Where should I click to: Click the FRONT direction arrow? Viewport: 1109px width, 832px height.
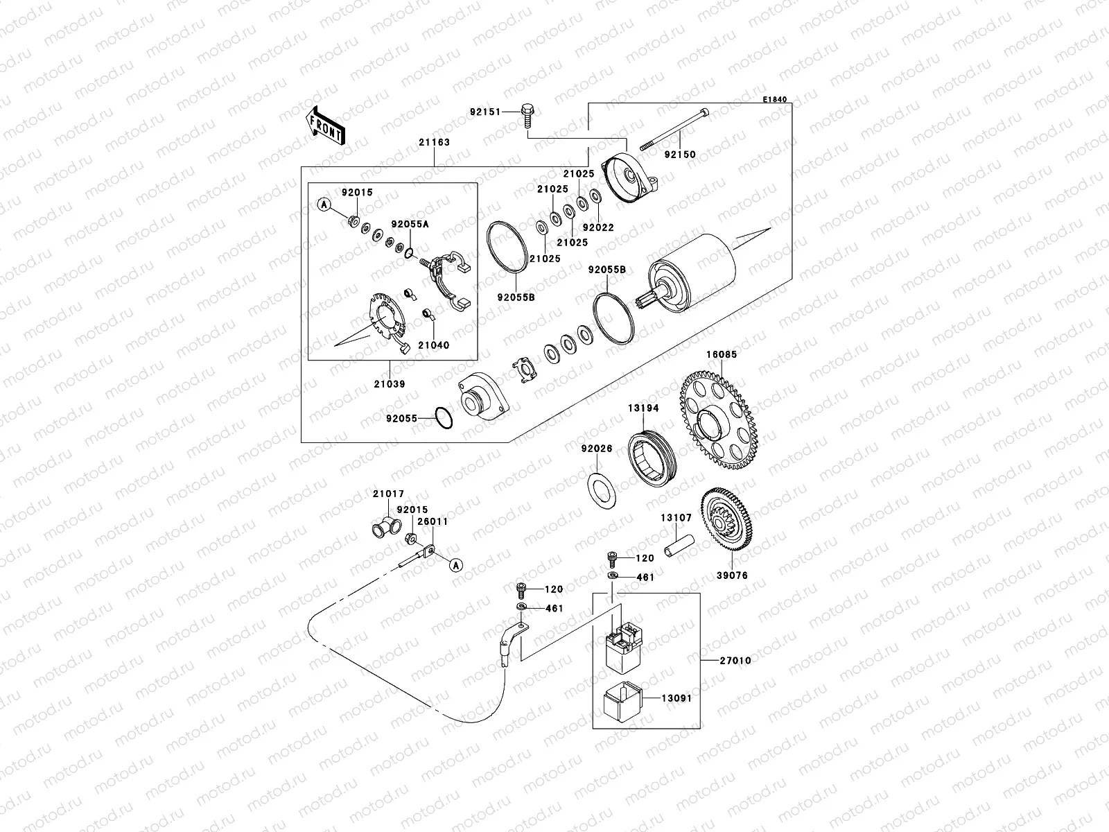pos(325,125)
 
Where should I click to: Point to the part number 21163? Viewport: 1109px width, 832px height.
pos(434,142)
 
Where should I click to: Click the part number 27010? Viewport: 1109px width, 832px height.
pos(734,661)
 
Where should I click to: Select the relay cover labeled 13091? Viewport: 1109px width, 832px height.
pos(621,701)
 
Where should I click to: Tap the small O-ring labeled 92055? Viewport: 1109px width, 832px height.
pos(444,418)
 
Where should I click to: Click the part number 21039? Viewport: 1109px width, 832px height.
pos(392,383)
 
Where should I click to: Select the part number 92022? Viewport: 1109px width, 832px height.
pos(597,227)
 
